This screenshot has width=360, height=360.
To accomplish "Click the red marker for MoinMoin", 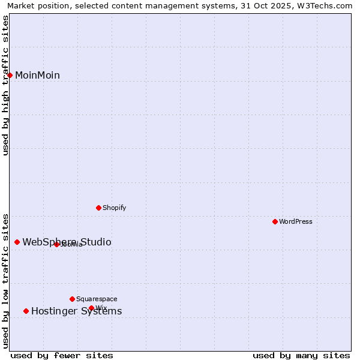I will (10, 75).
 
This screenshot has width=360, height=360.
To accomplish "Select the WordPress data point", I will (275, 221).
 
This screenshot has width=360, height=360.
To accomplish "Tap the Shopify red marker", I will (98, 208).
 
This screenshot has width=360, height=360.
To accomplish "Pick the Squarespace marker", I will (72, 299).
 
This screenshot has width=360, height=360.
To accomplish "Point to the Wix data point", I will (91, 308).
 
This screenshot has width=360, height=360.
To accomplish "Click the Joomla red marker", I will (56, 244).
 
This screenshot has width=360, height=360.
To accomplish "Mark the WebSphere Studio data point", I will (17, 242).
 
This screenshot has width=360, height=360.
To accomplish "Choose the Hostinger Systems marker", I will (26, 311).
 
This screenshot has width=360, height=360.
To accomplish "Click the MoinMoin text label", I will (37, 75).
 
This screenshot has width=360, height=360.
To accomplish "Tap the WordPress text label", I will (296, 221).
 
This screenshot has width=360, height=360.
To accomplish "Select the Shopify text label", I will (114, 208).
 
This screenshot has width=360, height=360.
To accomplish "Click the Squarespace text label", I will (97, 299).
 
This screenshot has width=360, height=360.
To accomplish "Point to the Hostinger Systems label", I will (76, 311).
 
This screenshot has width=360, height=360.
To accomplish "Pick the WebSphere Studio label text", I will (67, 242).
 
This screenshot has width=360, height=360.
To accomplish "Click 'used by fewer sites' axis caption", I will (62, 355).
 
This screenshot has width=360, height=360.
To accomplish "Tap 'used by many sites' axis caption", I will (301, 355).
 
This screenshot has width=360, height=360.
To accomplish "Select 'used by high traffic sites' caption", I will (5, 85).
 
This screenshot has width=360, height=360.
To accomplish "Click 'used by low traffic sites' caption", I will (5, 280).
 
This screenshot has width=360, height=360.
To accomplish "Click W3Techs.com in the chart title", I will (328, 5).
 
